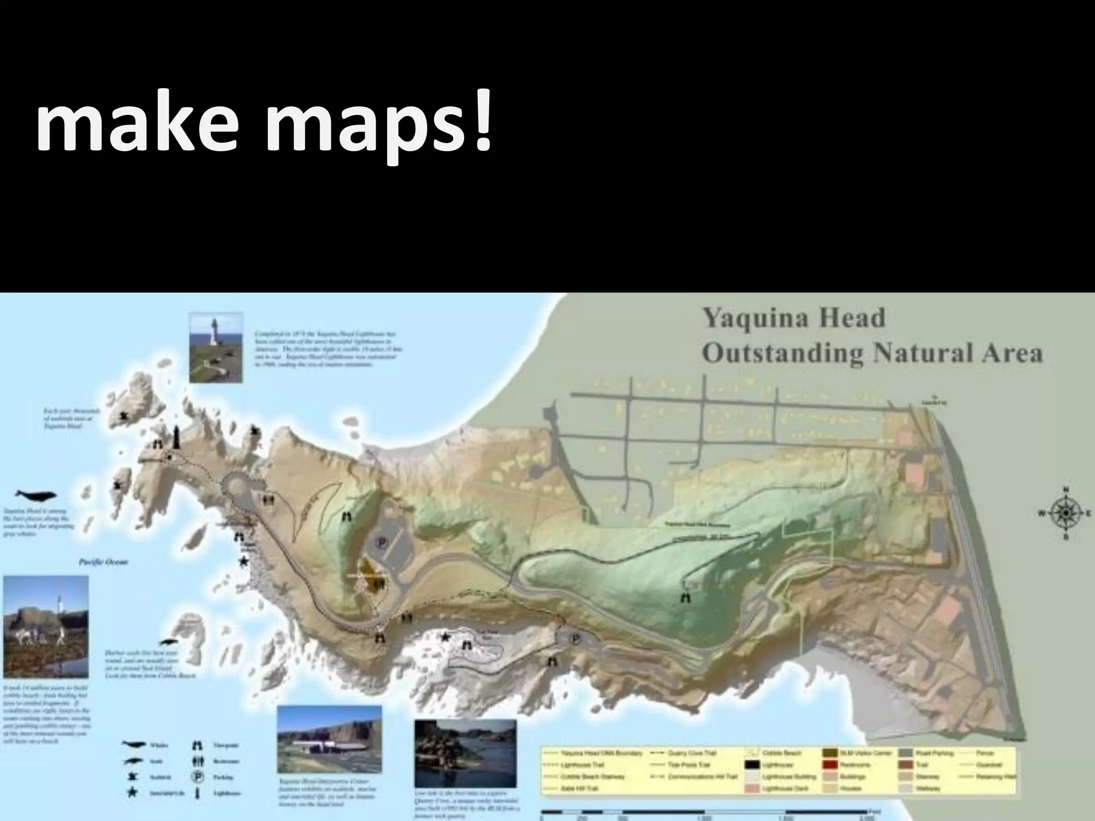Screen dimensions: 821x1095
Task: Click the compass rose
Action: [x=1066, y=513]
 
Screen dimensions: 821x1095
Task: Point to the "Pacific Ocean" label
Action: [x=103, y=562]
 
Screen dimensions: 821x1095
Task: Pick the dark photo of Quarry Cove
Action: [x=465, y=746]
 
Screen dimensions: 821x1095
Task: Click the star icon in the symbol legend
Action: [x=132, y=793]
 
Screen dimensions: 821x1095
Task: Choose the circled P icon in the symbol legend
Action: [x=197, y=777]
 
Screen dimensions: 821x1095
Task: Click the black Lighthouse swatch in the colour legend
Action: [x=753, y=765]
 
